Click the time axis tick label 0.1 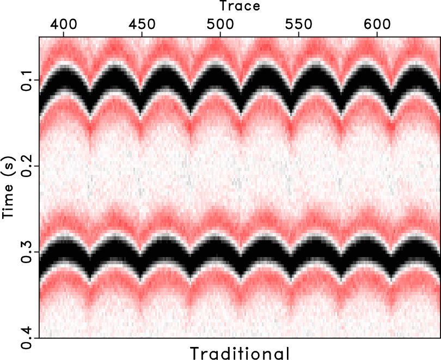click(x=26, y=80)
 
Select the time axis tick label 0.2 click(x=26, y=166)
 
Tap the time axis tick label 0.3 click(x=26, y=252)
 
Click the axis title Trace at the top click(x=240, y=7)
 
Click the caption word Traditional click(x=240, y=352)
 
